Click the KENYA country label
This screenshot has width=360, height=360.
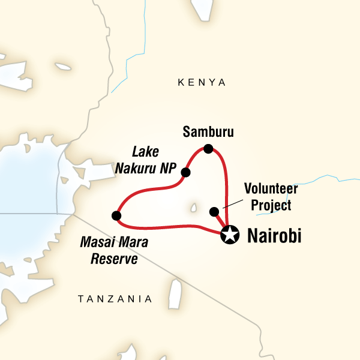point(202,83)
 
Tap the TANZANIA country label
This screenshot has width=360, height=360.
point(116,298)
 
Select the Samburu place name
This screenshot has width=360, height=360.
point(208,131)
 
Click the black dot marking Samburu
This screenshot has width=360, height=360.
point(208,149)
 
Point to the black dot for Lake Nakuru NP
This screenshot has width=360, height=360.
point(185,173)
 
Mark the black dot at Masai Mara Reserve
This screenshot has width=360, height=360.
point(116,215)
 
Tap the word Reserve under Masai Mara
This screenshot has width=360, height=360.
point(114,259)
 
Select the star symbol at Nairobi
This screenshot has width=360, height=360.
point(229,235)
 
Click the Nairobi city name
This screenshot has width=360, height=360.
point(274,236)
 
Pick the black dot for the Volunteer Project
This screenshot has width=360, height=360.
point(213,211)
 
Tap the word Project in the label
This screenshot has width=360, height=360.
point(271,205)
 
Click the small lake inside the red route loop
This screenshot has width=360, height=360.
point(194,208)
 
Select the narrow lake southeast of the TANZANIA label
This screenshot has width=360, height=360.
point(175,293)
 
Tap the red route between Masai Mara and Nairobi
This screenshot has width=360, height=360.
point(174,227)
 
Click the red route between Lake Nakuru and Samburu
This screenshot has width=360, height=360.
point(193,157)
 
